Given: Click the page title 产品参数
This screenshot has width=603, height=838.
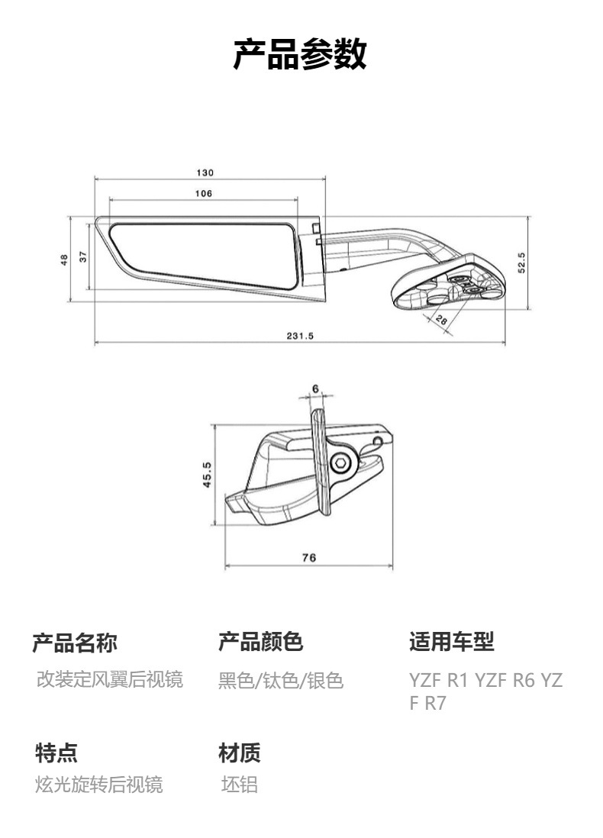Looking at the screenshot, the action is (x=300, y=55).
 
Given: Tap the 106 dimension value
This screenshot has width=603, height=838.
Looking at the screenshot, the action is (x=203, y=193).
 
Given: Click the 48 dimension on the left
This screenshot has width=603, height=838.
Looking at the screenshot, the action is (x=65, y=259).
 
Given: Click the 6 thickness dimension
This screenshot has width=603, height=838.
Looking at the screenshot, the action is (x=314, y=388).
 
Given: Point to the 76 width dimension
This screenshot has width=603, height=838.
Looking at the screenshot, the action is (x=308, y=558).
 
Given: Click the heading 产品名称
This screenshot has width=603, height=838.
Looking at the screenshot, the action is (x=75, y=643).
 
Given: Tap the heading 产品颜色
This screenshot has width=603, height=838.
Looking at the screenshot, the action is (x=260, y=643).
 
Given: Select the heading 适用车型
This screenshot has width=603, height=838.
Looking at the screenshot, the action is (x=451, y=643).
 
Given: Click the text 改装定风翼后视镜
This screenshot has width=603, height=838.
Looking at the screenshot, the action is (x=110, y=679).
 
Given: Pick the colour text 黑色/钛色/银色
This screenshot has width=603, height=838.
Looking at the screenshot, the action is (x=281, y=680).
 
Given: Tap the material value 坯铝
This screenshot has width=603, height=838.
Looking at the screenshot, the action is (x=239, y=785).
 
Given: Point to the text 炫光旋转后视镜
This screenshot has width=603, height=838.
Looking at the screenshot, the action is (x=99, y=785).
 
